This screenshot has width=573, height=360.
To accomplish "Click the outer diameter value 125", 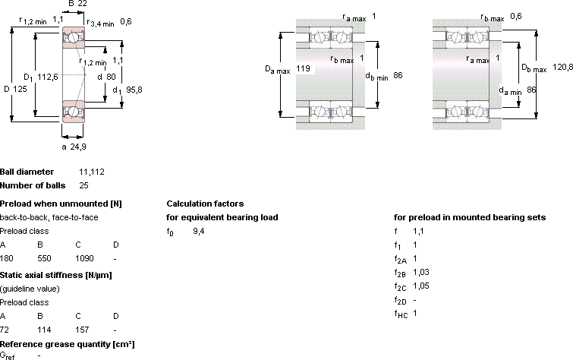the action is [x=20, y=89].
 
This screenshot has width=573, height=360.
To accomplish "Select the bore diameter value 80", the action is [x=111, y=77].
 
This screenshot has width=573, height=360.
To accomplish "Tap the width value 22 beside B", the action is [x=83, y=4].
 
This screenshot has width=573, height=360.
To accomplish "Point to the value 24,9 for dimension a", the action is [x=78, y=147].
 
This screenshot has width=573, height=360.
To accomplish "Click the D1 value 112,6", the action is [x=48, y=77].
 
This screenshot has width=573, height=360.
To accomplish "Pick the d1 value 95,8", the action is [x=134, y=90].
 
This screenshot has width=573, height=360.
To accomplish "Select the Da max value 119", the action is [x=303, y=68].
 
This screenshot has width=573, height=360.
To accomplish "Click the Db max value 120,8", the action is [x=562, y=67].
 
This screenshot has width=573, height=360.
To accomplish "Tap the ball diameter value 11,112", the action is [x=92, y=172].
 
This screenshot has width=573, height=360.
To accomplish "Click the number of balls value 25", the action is [x=83, y=185].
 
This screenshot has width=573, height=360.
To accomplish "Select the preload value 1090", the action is [x=84, y=258].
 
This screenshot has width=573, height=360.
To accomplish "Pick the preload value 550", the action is [x=44, y=258].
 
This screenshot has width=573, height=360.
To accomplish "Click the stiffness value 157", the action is [x=82, y=330].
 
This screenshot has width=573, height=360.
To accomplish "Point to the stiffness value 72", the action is [x=5, y=330].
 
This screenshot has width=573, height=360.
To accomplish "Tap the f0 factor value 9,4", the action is [x=198, y=231].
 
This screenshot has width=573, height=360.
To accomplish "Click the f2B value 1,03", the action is [x=421, y=272].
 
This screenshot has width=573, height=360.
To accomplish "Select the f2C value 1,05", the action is [x=421, y=286].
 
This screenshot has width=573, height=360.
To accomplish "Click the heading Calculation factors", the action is [x=205, y=204].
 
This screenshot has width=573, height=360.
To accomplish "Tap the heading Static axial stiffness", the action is [x=41, y=275].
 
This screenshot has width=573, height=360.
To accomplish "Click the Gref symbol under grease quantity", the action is [x=8, y=355].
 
